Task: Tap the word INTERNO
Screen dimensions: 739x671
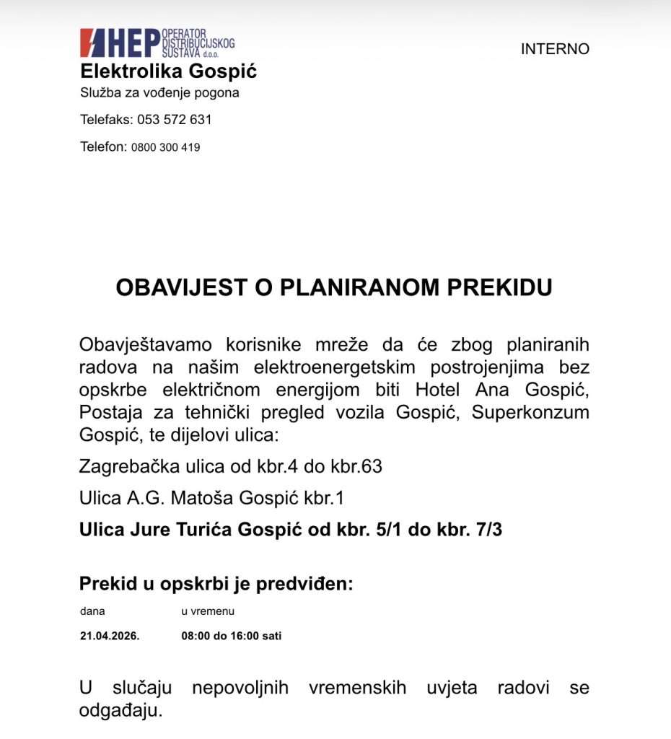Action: [555, 49]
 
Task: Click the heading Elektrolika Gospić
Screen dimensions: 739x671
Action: [168, 71]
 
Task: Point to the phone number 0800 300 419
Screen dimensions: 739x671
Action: [165, 147]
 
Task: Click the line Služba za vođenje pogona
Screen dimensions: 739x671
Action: [159, 93]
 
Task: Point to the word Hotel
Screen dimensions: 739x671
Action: [438, 390]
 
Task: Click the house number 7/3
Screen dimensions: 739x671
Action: [487, 530]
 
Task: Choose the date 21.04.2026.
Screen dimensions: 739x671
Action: [110, 637]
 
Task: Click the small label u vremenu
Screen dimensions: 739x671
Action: [208, 611]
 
